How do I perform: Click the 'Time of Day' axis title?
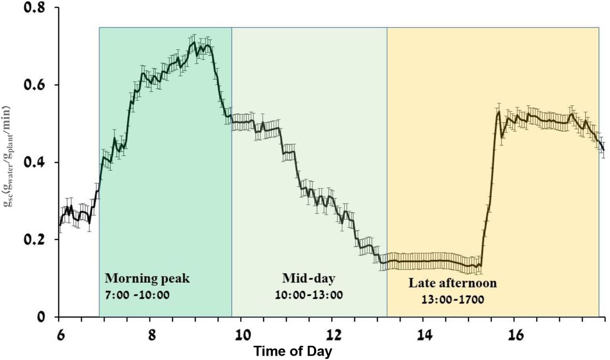pyautogui.click(x=293, y=351)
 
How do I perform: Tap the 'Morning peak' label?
pyautogui.click(x=147, y=279)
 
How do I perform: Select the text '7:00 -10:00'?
pyautogui.click(x=137, y=295)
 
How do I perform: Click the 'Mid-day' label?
pyautogui.click(x=308, y=278)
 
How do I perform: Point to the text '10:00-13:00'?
pyautogui.click(x=308, y=295)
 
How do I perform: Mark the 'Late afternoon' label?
pyautogui.click(x=453, y=283)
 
